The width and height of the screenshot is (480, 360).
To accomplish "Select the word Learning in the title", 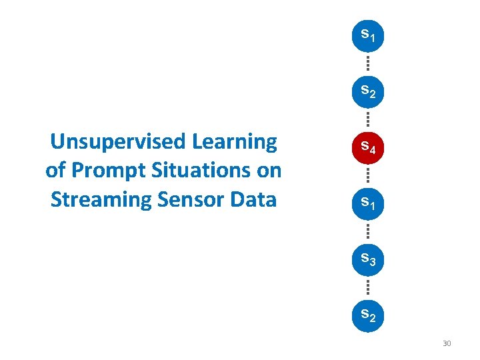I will [234, 142].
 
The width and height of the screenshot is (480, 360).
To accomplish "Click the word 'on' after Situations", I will [269, 171].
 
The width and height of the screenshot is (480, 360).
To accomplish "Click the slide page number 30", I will [447, 343].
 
